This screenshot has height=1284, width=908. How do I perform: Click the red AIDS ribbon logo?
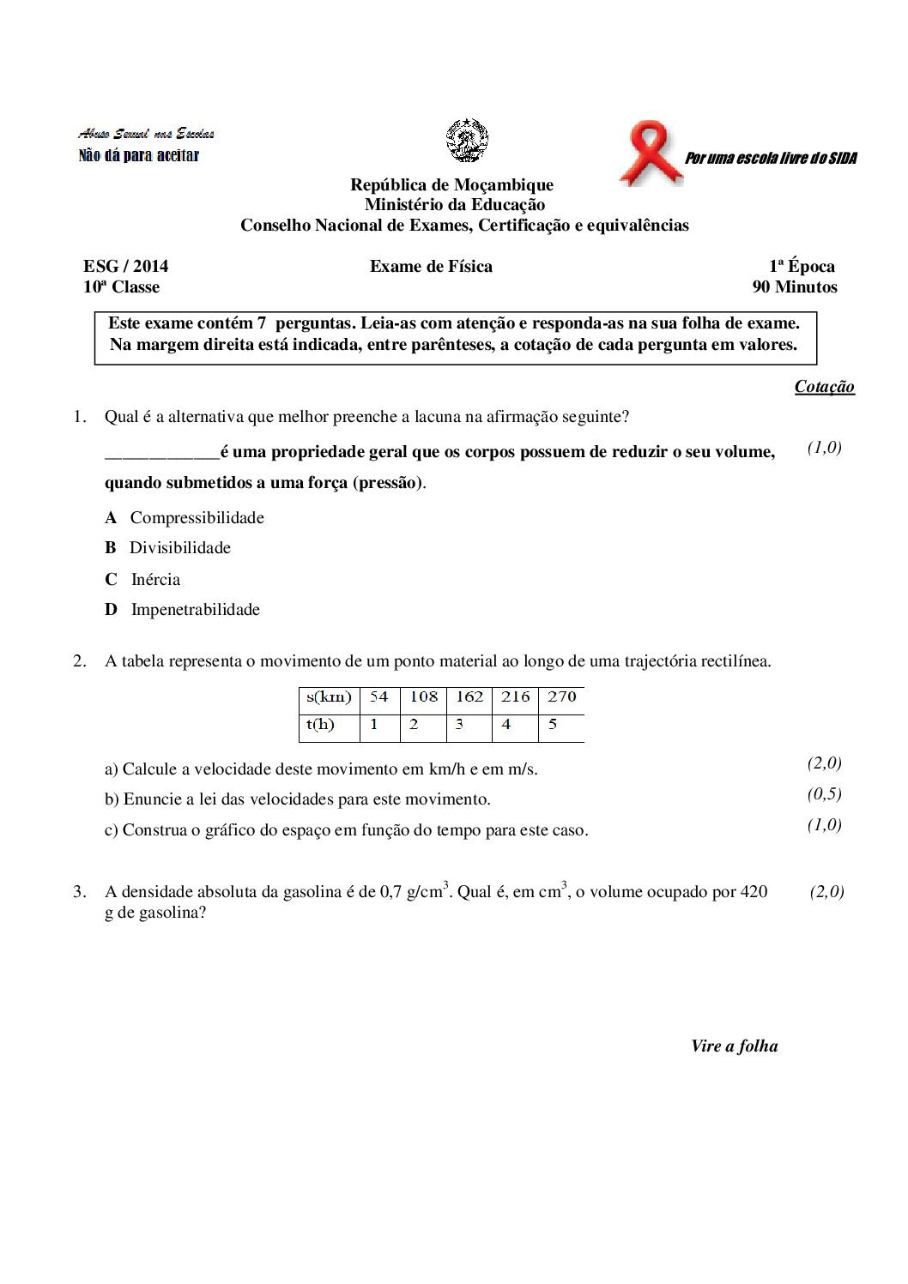tap(651, 153)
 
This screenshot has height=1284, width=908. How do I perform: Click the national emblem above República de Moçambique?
tap(467, 141)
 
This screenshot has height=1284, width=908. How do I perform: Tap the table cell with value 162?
tap(469, 697)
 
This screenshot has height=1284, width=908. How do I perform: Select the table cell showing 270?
tap(561, 697)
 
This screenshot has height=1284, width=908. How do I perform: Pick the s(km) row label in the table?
tap(329, 697)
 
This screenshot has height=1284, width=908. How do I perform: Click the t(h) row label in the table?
tap(320, 725)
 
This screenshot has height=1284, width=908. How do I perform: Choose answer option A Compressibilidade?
tap(185, 517)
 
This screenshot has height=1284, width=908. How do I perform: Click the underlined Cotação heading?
tap(824, 387)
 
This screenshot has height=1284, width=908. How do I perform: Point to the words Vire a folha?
tap(734, 1046)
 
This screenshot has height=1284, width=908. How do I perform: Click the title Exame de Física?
tap(431, 267)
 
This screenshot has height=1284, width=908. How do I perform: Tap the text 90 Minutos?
tap(794, 287)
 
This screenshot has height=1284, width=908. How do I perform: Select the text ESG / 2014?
tap(125, 267)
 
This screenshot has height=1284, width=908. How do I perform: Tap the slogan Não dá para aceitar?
tap(138, 155)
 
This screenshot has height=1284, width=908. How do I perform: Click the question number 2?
tap(79, 660)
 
